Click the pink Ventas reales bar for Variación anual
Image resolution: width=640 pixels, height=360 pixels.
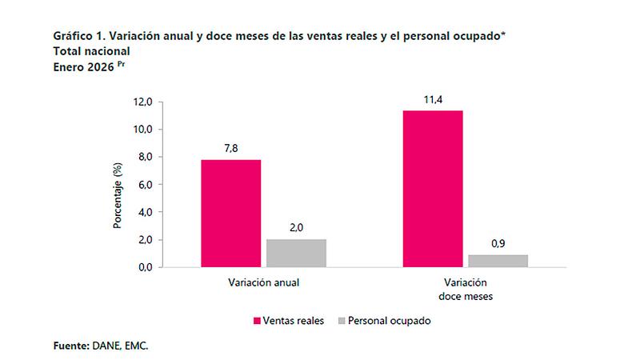tap(230, 214)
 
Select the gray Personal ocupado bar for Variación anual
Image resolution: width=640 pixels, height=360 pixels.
tap(296, 253)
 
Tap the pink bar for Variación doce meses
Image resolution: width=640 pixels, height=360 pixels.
tap(433, 189)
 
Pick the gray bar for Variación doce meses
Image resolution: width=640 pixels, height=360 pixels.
tap(498, 261)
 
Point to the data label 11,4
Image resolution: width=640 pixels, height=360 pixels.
tap(433, 100)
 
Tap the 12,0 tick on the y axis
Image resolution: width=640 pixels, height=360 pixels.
tap(142, 102)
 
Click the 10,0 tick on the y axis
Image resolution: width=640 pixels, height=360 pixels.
tap(142, 130)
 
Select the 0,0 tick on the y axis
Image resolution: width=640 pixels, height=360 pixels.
tap(144, 267)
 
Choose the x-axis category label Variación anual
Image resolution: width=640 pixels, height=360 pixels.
tap(263, 283)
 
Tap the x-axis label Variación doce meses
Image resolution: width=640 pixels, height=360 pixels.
tap(465, 289)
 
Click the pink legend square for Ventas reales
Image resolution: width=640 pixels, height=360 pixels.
tap(258, 320)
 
